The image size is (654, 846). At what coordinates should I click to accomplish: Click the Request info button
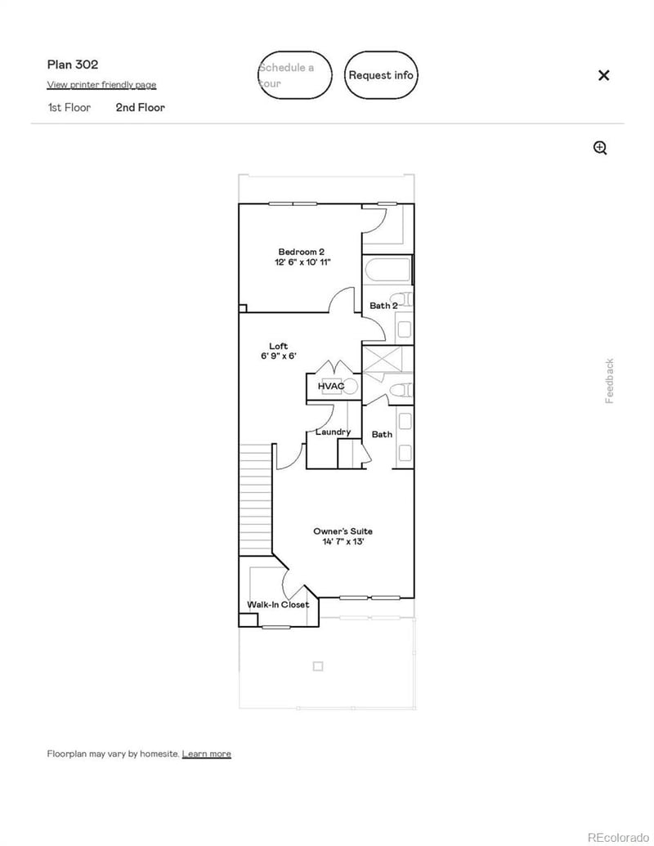click(x=381, y=75)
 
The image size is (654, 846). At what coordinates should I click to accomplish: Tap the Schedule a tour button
click(x=295, y=75)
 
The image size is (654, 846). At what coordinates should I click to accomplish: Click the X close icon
click(x=603, y=75)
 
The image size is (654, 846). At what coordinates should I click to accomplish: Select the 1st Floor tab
click(x=69, y=107)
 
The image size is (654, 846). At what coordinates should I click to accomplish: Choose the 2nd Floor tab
click(x=140, y=107)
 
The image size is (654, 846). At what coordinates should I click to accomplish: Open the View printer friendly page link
click(x=101, y=85)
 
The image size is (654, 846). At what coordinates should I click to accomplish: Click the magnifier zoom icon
click(x=600, y=148)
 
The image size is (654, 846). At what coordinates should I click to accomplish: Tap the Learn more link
click(x=206, y=754)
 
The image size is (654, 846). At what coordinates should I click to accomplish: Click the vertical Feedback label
click(x=609, y=381)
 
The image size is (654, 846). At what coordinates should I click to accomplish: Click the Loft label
click(x=278, y=347)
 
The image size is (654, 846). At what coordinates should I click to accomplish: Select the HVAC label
click(x=330, y=386)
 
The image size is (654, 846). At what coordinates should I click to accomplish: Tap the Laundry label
click(x=333, y=432)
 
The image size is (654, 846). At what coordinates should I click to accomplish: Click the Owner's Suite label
click(x=343, y=531)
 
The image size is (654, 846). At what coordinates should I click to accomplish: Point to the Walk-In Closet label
click(x=278, y=605)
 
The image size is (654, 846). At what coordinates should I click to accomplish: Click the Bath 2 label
click(x=383, y=305)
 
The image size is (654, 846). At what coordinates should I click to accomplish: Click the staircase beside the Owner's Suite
click(x=255, y=499)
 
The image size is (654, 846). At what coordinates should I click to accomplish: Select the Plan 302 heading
click(x=73, y=65)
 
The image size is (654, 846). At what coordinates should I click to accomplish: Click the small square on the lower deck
click(x=318, y=666)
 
